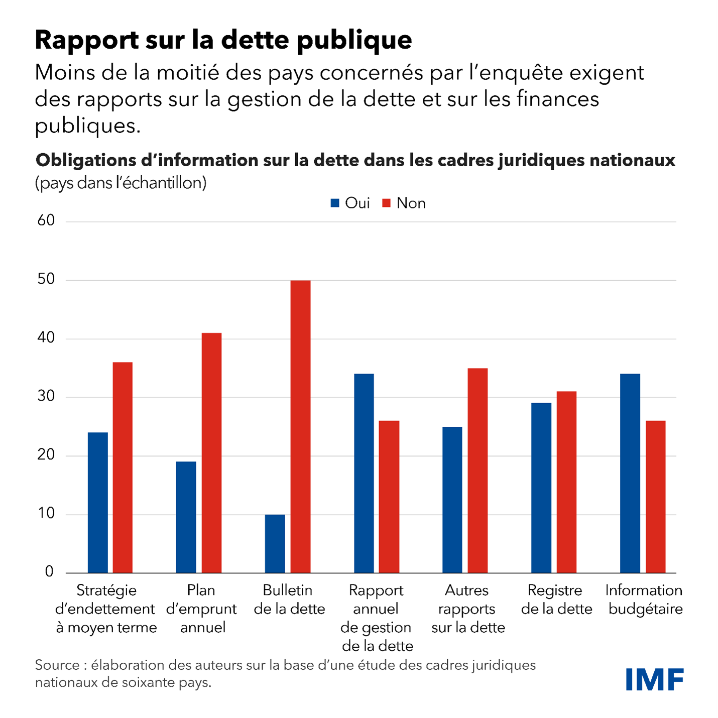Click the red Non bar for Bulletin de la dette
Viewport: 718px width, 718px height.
pyautogui.click(x=300, y=427)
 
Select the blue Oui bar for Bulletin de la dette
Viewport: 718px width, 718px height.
pyautogui.click(x=275, y=544)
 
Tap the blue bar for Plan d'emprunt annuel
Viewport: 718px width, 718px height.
pyautogui.click(x=186, y=517)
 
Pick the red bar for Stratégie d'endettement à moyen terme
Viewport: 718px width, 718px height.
pyautogui.click(x=123, y=467)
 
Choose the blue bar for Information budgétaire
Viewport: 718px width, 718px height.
pyautogui.click(x=630, y=473)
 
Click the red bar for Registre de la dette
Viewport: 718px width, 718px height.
pyautogui.click(x=566, y=482)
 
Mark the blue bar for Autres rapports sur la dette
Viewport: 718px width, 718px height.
pyautogui.click(x=452, y=500)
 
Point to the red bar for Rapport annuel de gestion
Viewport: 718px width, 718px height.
pyautogui.click(x=389, y=497)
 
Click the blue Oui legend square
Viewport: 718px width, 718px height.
pyautogui.click(x=335, y=203)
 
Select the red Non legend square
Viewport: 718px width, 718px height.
pyautogui.click(x=386, y=203)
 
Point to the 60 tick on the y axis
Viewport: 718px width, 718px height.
pyautogui.click(x=46, y=220)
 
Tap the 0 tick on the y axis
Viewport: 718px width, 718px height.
pyautogui.click(x=49, y=571)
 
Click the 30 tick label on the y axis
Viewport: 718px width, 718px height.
pyautogui.click(x=46, y=396)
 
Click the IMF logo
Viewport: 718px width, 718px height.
pyautogui.click(x=654, y=679)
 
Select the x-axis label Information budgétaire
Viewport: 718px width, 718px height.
pyautogui.click(x=645, y=600)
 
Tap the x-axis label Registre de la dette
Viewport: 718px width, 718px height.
pyautogui.click(x=556, y=600)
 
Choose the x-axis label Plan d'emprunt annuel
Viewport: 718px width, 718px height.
pyautogui.click(x=201, y=609)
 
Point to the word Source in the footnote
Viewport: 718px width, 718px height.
pyautogui.click(x=57, y=665)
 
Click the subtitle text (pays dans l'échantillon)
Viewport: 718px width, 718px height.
pyautogui.click(x=121, y=183)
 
